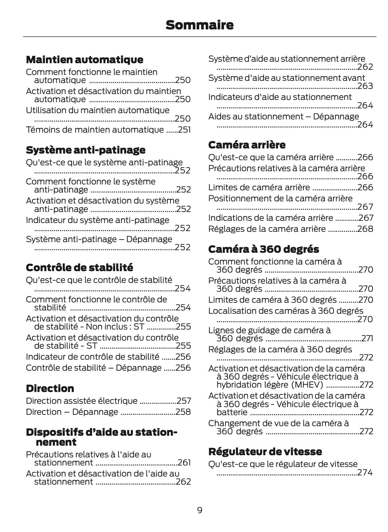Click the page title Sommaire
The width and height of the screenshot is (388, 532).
[x=199, y=25]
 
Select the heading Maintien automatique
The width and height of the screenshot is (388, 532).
[x=85, y=60]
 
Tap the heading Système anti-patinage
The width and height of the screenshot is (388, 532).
[x=85, y=150]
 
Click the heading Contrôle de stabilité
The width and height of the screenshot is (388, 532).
[x=79, y=267]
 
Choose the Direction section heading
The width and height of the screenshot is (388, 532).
[x=50, y=388]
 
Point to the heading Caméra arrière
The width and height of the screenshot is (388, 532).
[x=247, y=145]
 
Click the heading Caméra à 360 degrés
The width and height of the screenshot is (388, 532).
[x=263, y=249]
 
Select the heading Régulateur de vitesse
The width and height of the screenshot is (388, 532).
[x=265, y=451]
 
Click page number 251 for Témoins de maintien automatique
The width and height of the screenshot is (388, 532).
[x=184, y=130]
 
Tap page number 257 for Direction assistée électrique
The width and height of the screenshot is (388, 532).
[x=184, y=401]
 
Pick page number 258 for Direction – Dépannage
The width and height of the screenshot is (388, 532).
[x=183, y=412]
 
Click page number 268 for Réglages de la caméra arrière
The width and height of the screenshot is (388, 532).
[x=365, y=229]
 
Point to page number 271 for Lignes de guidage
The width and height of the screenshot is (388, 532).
[x=367, y=338]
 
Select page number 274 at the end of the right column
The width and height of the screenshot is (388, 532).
[x=365, y=472]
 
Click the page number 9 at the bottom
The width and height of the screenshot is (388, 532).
[x=199, y=510]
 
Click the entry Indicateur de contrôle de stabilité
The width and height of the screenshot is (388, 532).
[x=93, y=357]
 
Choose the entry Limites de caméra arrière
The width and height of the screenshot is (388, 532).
[x=259, y=187]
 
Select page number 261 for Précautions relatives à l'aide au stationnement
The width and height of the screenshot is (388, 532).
[x=184, y=463]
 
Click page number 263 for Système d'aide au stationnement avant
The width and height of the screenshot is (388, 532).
[x=365, y=86]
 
